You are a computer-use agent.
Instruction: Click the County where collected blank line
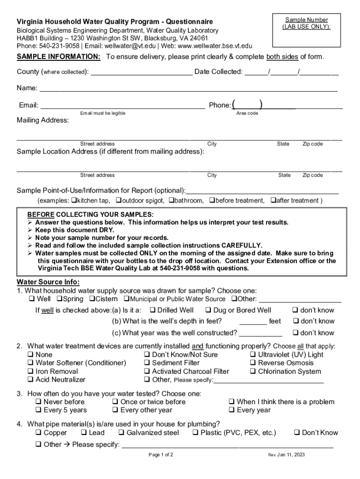click(141, 72)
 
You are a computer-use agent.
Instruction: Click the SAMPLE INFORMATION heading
click(58, 57)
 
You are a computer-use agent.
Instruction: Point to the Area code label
click(247, 114)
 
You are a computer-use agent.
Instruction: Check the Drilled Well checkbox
click(152, 310)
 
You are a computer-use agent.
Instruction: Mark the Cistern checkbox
click(92, 299)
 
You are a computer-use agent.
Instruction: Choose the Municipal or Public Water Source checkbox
click(126, 299)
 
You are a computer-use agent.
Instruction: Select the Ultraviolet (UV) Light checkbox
click(253, 355)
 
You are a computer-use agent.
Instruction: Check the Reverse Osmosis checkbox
click(253, 363)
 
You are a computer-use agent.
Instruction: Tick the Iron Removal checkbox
click(31, 372)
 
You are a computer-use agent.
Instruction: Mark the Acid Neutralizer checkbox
click(31, 380)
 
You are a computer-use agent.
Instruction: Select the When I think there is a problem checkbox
click(231, 402)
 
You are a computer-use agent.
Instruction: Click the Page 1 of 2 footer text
click(161, 455)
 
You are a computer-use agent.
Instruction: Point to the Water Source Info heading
click(48, 282)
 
